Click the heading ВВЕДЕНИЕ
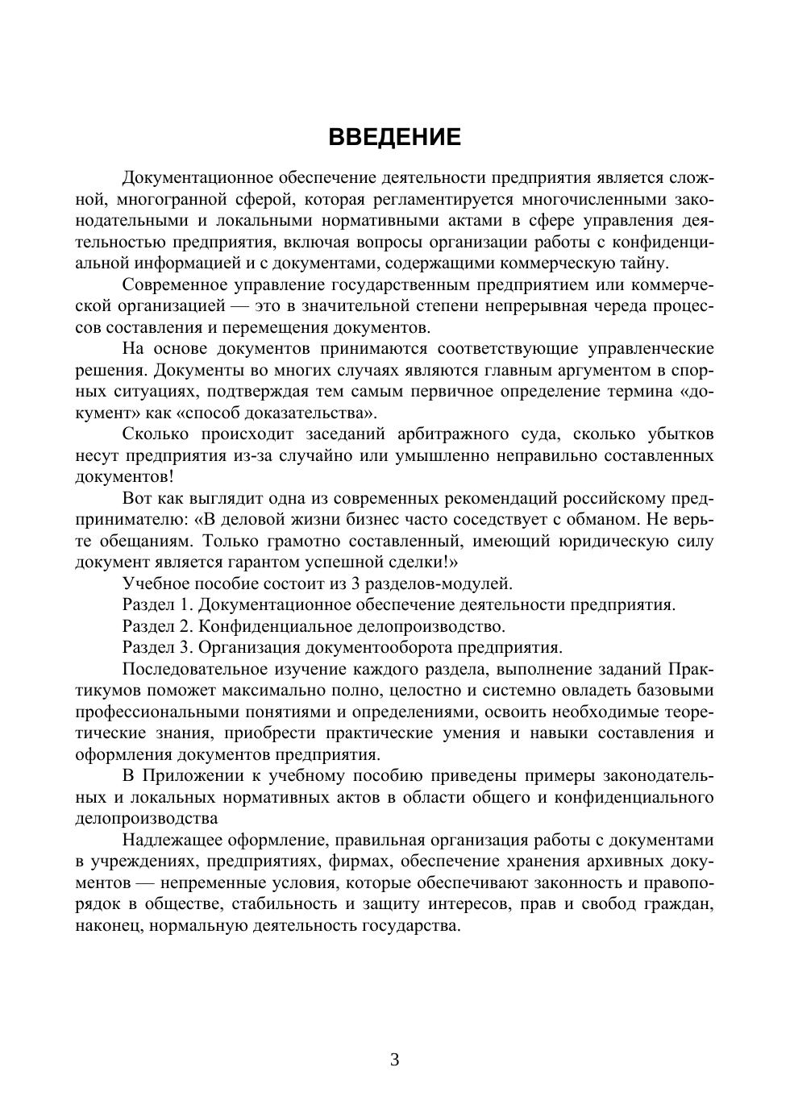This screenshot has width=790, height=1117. coord(395,137)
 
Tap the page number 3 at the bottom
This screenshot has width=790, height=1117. coord(395,1060)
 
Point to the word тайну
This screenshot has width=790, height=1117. coord(643,264)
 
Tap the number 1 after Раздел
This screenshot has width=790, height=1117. coord(185,605)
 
